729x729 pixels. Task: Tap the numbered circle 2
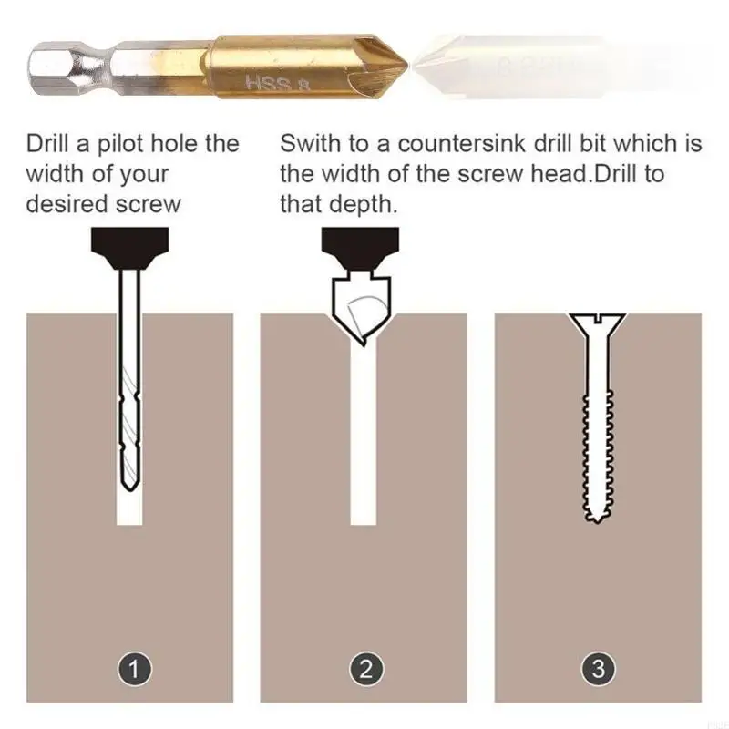[x=365, y=672]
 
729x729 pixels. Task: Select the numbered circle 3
[x=598, y=672]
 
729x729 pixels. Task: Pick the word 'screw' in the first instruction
[x=149, y=203]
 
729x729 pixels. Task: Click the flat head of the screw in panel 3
[x=597, y=320]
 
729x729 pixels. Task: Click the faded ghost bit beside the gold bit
[x=510, y=66]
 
